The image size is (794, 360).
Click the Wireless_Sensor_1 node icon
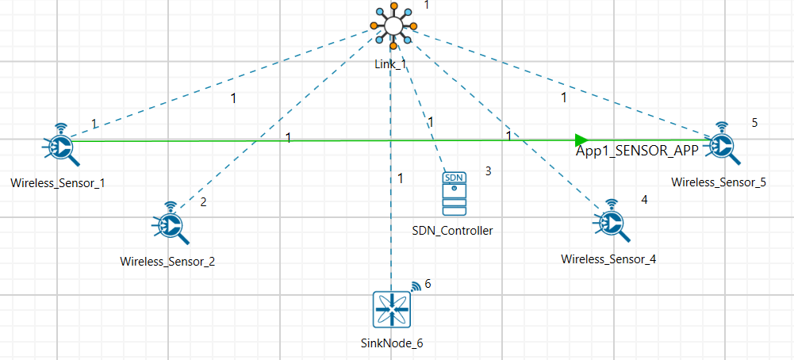coord(59,146)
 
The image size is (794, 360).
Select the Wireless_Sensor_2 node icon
coord(170,224)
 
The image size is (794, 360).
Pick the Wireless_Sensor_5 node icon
coord(722,145)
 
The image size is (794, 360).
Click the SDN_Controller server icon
coord(454,193)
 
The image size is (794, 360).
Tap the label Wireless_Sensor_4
coord(608,259)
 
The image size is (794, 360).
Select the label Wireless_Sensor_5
coord(719,182)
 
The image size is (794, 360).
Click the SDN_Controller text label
coord(452,231)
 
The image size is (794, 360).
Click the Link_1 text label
coord(390,63)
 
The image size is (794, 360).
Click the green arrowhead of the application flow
coord(582,140)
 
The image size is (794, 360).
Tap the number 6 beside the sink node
coord(428,284)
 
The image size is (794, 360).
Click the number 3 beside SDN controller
coord(489,170)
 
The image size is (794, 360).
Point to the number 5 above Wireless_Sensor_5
coord(755,122)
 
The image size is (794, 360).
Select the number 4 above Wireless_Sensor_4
coord(644,199)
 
